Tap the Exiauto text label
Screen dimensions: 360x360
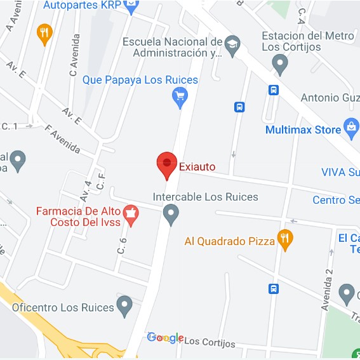click(x=197, y=167)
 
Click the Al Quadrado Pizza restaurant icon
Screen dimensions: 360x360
click(x=285, y=239)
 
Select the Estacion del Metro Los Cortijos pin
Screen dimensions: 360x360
click(x=279, y=63)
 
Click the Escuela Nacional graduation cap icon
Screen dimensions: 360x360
click(x=233, y=43)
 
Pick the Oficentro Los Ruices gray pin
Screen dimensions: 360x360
click(x=125, y=306)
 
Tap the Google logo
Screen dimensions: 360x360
click(x=165, y=338)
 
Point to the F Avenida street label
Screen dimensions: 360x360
click(x=62, y=138)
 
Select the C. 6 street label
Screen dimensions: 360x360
click(x=122, y=244)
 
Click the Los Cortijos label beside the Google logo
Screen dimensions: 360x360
click(x=210, y=343)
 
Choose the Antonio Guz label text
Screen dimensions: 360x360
click(x=330, y=98)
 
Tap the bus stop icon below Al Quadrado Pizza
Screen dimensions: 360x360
click(x=274, y=288)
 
